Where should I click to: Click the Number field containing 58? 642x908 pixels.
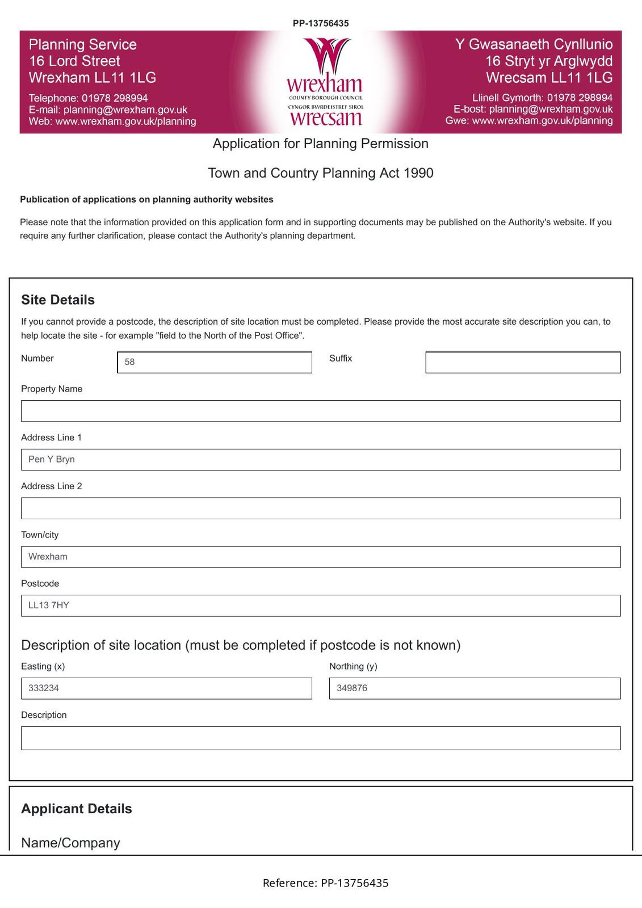(215, 362)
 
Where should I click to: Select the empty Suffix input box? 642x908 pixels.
(523, 362)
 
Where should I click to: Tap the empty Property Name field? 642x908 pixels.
(321, 411)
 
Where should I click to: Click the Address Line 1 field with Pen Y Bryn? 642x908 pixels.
(321, 460)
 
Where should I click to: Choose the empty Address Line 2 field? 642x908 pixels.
(321, 508)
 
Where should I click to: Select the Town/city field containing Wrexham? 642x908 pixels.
(321, 557)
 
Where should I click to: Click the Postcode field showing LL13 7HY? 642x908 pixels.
(321, 606)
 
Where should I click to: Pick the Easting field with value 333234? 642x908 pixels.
(166, 688)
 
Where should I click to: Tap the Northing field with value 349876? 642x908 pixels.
(475, 688)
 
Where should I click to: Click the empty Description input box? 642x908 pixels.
(321, 738)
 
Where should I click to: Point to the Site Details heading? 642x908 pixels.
(58, 300)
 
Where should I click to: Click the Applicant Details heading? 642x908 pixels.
(77, 809)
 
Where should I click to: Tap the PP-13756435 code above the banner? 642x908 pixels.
(321, 23)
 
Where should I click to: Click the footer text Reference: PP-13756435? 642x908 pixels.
(325, 883)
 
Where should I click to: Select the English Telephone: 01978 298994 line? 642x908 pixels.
(88, 98)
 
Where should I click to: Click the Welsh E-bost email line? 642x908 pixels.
(533, 109)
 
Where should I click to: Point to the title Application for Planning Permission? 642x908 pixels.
(321, 144)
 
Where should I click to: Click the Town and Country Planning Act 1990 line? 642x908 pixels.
(321, 173)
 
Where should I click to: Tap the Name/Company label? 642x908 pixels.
(70, 843)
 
